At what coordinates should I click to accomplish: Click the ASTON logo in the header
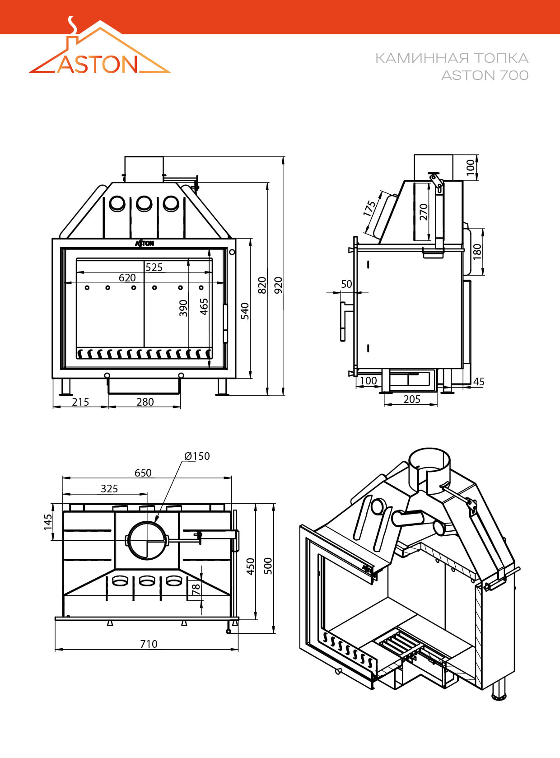point(99,50)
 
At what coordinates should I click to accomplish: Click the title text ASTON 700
point(485,75)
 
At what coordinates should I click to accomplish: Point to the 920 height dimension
point(279,285)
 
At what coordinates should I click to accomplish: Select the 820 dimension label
point(262,285)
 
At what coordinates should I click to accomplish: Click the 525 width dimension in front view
point(154,267)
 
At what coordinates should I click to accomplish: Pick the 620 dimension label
point(127,278)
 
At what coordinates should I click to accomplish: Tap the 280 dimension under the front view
point(145,402)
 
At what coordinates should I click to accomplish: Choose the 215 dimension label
point(80,402)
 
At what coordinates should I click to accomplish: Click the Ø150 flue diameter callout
point(197,456)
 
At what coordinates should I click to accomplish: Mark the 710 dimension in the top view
point(149,644)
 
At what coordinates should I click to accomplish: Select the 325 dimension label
point(109,488)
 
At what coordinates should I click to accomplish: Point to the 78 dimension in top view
point(196,590)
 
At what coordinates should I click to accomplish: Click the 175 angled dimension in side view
point(369,208)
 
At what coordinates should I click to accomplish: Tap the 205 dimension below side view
point(412,399)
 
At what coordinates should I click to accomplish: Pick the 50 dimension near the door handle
point(346,284)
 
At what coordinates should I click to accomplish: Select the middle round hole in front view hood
point(144,204)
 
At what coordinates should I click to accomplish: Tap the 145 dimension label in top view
point(48,522)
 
